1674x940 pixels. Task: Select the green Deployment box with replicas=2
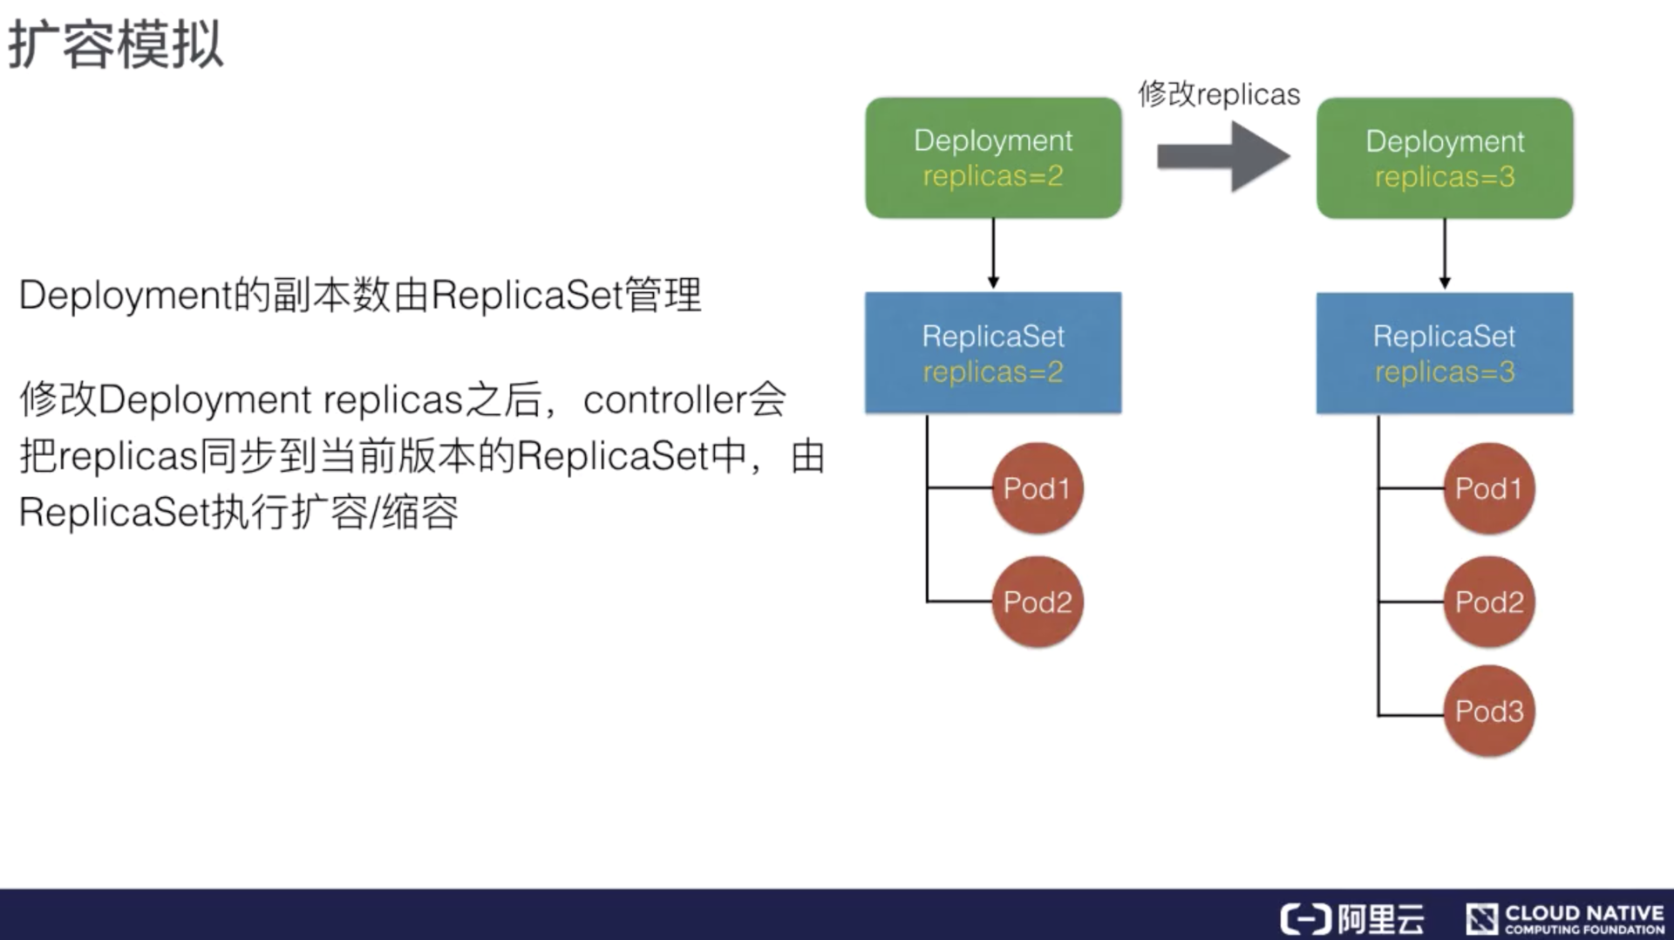[993, 158]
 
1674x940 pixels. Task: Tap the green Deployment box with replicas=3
[1445, 158]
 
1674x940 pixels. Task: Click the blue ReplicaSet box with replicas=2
[993, 352]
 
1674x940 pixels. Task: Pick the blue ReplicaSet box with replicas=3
[1445, 352]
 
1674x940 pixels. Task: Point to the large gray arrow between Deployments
[1222, 157]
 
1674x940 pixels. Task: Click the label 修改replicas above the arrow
[1219, 94]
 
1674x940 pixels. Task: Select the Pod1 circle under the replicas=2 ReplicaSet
[1037, 488]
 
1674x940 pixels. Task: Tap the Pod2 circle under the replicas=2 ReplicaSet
[1037, 602]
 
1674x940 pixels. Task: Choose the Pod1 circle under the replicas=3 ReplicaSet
[1488, 488]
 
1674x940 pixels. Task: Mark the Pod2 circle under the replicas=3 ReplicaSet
[1488, 602]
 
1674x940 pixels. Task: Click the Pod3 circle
[1488, 712]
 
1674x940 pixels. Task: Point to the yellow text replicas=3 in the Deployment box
[1445, 177]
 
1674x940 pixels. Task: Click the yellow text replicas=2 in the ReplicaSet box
[993, 372]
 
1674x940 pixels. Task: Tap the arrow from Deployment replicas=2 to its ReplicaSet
[993, 253]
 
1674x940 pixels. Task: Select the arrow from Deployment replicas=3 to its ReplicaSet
[1445, 253]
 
